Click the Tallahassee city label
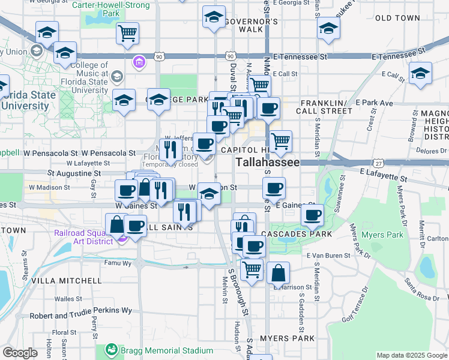[x=267, y=163]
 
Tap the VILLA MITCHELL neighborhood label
[x=67, y=281]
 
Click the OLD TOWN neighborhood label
[x=397, y=18]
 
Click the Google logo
[x=19, y=353]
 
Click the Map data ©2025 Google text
[x=411, y=355]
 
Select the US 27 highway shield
[x=378, y=163]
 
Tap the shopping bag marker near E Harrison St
[x=278, y=274]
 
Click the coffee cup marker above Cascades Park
[x=312, y=215]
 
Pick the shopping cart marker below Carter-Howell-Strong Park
[x=127, y=34]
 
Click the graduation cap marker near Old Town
[x=328, y=28]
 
